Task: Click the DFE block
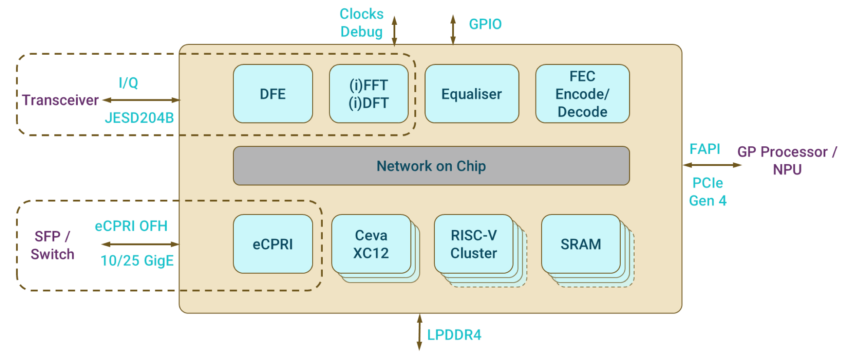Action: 273,94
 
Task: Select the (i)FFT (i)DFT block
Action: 369,94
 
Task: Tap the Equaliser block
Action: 472,94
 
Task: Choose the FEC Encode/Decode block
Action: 582,94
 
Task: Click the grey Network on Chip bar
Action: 431,166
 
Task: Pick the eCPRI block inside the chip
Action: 273,244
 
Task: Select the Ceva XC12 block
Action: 371,244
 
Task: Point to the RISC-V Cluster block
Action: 473,244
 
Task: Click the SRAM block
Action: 581,244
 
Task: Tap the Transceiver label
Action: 60,100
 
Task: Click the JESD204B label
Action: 139,118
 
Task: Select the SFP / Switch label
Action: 53,245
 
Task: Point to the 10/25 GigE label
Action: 137,261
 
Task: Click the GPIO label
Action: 485,24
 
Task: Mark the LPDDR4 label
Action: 454,335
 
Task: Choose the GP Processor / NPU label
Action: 787,160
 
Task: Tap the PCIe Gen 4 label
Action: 708,192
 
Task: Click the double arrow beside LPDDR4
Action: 420,332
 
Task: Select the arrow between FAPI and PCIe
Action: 712,165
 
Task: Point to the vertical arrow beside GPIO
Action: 453,30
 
